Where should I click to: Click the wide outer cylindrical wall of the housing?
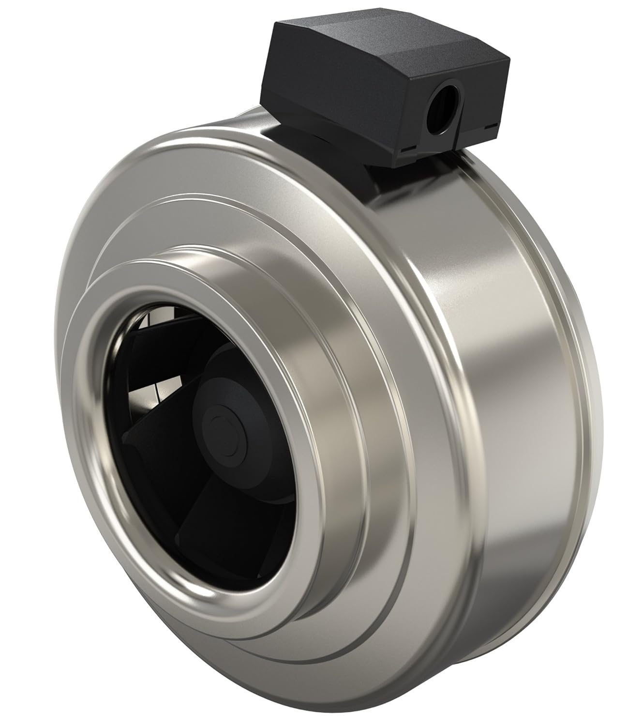[x=484, y=339]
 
